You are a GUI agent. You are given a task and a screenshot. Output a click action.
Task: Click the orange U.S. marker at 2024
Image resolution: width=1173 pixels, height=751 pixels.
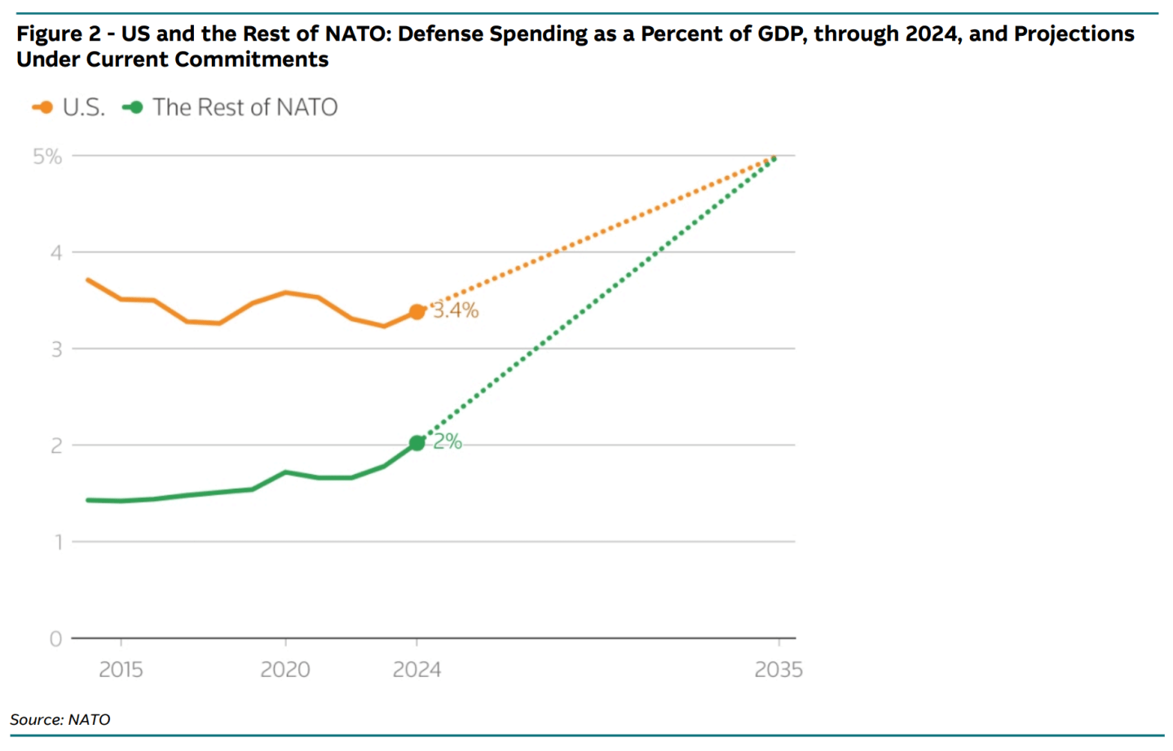click(417, 311)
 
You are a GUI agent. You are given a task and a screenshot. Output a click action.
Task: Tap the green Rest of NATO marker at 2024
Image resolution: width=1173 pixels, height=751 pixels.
click(417, 443)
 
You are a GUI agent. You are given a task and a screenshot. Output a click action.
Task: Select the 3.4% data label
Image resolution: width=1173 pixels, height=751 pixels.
click(456, 310)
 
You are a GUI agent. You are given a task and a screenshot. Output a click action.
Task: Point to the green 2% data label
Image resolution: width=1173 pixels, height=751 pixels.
click(448, 441)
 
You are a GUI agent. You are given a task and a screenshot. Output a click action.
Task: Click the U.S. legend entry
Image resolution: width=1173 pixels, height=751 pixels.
click(69, 108)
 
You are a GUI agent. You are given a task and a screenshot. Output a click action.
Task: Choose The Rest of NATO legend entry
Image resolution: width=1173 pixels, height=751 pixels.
click(231, 108)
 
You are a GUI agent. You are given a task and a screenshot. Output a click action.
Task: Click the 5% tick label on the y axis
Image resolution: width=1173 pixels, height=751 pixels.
click(47, 156)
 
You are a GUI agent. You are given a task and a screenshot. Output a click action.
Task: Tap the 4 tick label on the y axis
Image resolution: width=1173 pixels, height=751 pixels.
click(55, 253)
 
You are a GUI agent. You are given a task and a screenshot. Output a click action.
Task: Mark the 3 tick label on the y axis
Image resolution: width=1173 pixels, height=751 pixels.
click(56, 349)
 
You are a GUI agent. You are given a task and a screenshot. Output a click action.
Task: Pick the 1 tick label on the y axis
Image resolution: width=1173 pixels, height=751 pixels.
click(58, 542)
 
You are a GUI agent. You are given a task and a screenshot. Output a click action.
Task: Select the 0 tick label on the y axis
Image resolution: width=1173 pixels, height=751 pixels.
click(55, 639)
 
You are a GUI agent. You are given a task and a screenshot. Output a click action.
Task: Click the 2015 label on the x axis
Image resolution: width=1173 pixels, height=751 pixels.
click(121, 670)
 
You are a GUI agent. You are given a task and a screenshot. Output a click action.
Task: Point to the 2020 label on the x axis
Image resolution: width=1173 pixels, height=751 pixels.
click(285, 670)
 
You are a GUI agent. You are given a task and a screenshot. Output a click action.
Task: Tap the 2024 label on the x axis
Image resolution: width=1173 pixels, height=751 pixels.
click(417, 670)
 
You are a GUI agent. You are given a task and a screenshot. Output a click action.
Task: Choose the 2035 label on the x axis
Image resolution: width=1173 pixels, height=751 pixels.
click(778, 670)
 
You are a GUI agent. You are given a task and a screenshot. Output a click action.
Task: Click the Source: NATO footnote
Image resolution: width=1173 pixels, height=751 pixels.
click(60, 719)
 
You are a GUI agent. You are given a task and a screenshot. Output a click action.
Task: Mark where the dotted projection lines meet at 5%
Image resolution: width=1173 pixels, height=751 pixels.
click(774, 157)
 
